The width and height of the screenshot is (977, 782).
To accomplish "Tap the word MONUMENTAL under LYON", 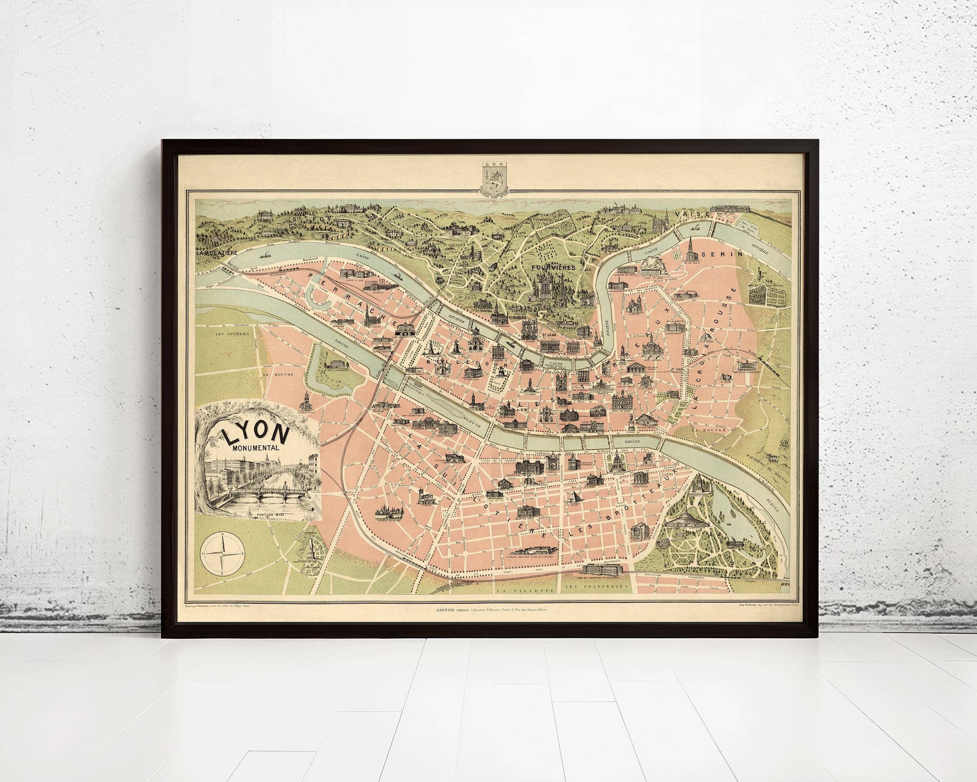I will (x=255, y=449).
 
